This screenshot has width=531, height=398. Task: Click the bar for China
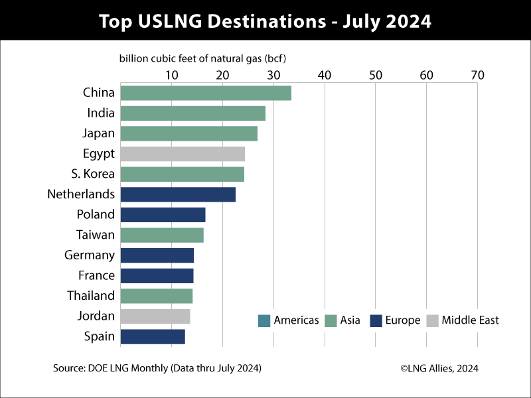pyautogui.click(x=206, y=93)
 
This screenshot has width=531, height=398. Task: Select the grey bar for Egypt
pyautogui.click(x=183, y=154)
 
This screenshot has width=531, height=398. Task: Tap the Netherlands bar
pyautogui.click(x=178, y=194)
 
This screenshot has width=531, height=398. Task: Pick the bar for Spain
pyautogui.click(x=153, y=336)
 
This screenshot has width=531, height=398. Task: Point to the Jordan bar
pyautogui.click(x=155, y=316)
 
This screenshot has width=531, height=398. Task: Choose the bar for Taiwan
pyautogui.click(x=162, y=235)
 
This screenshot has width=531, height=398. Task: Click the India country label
pyautogui.click(x=101, y=113)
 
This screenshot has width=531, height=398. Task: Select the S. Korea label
pyautogui.click(x=93, y=174)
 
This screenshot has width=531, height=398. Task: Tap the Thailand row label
pyautogui.click(x=91, y=296)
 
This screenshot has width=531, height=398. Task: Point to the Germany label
pyautogui.click(x=90, y=255)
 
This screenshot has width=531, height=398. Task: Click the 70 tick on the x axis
pyautogui.click(x=477, y=75)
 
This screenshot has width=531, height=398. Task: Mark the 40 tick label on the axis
pyautogui.click(x=325, y=75)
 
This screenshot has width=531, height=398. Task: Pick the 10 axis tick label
pyautogui.click(x=171, y=75)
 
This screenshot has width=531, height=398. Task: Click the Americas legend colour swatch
pyautogui.click(x=264, y=321)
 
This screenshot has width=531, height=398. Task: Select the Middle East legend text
pyautogui.click(x=470, y=320)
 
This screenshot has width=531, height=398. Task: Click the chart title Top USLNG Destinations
pyautogui.click(x=265, y=21)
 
